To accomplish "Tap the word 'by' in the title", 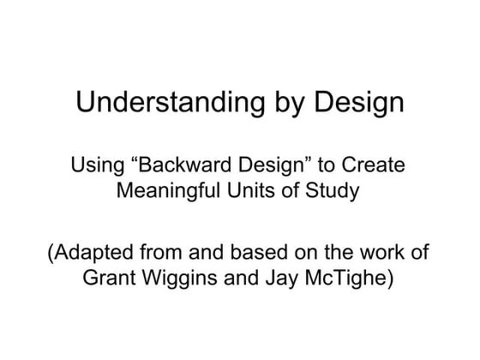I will point(275,104).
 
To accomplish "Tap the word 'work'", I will point(381,254).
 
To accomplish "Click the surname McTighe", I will point(344,279).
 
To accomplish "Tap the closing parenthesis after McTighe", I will point(391,279).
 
